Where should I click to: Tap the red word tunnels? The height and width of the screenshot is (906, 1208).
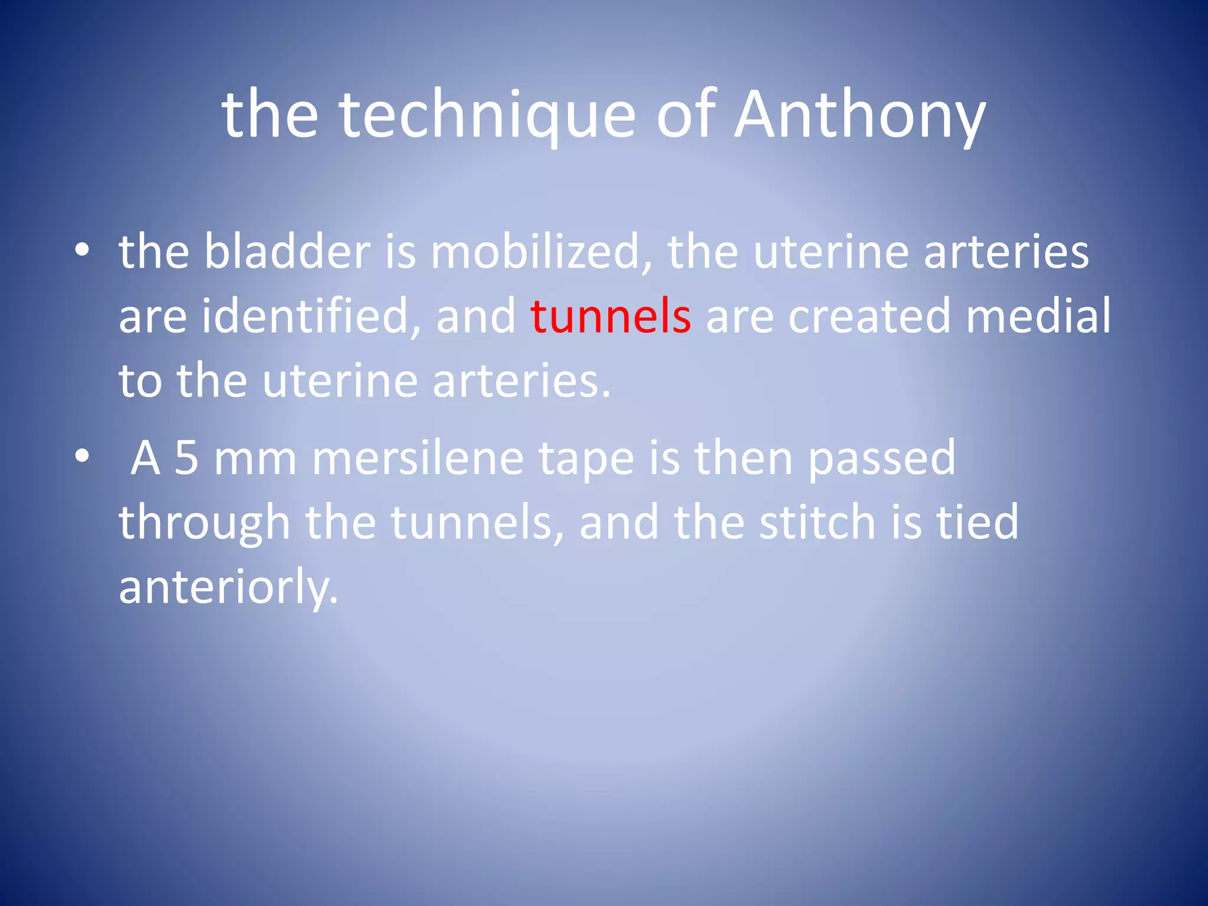click(x=610, y=316)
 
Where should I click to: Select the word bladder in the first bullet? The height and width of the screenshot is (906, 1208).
click(x=287, y=252)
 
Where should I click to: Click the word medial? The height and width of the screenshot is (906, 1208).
click(x=1038, y=316)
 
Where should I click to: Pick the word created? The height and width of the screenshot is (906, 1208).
click(x=869, y=316)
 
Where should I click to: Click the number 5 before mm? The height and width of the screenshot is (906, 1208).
click(x=186, y=458)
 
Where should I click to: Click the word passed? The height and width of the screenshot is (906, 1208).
click(x=881, y=458)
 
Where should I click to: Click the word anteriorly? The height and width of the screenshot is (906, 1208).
click(x=228, y=587)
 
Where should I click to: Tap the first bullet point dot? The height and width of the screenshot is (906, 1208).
click(x=82, y=251)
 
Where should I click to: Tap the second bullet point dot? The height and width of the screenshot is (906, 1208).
click(x=82, y=456)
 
